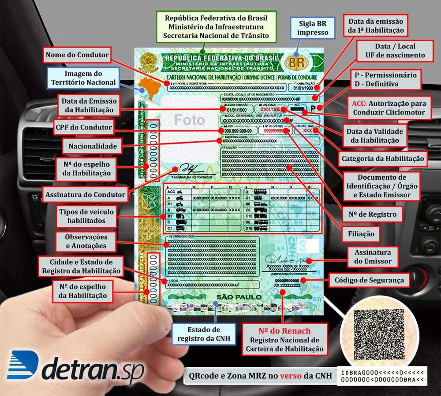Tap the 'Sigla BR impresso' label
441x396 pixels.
coord(313,28)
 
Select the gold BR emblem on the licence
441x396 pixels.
coord(296,62)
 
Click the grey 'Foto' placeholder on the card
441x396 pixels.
coord(189,119)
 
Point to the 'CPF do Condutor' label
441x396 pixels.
coord(84,128)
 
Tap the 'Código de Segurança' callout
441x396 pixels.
coord(369,280)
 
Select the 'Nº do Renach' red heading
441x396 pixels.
coord(284,331)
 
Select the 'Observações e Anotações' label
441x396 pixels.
coord(86,241)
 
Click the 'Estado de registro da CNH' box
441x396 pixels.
coord(203,334)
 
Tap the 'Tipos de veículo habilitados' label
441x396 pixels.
coord(86,216)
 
